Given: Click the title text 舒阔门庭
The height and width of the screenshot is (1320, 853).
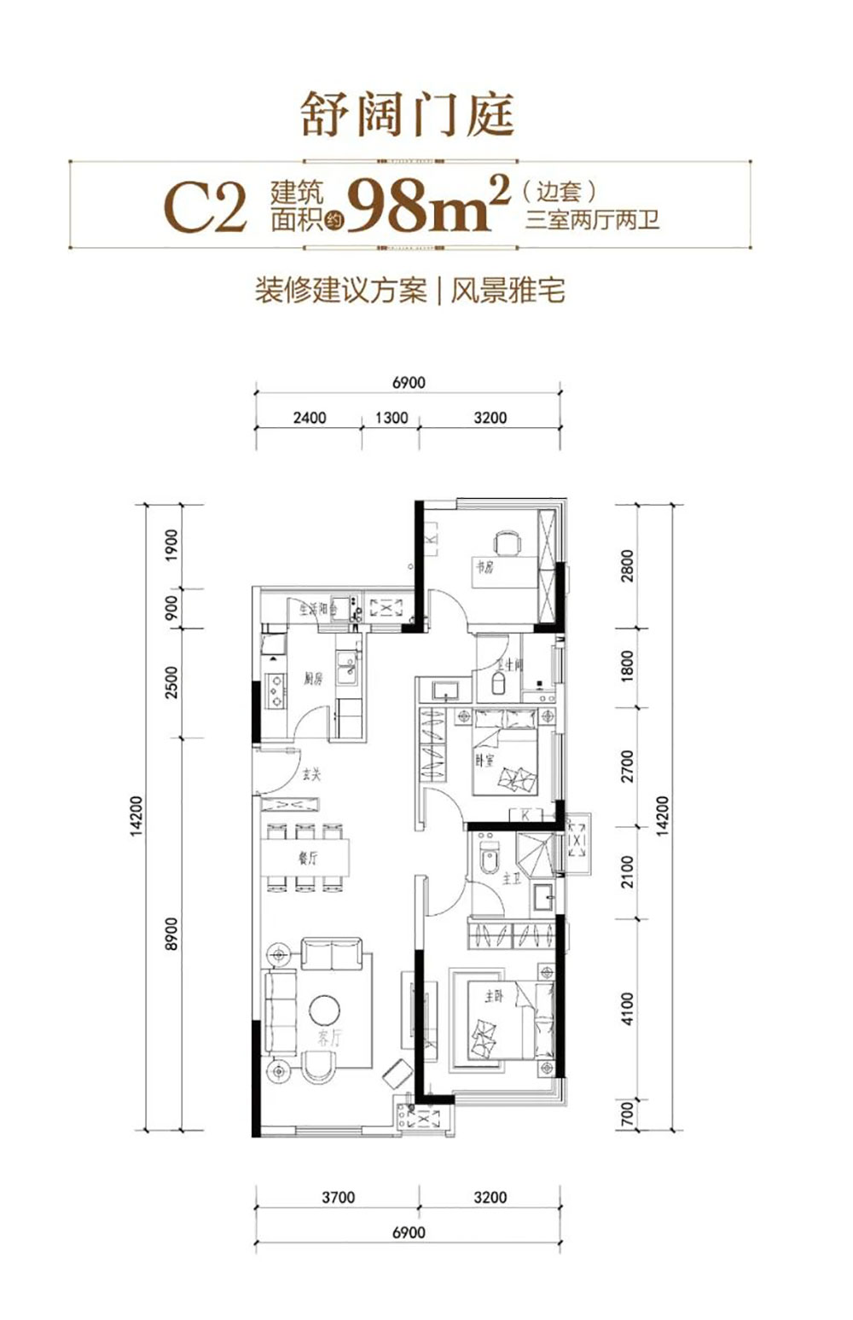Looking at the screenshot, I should point(408,115).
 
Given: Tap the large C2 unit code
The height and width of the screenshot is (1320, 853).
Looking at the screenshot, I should point(205,207).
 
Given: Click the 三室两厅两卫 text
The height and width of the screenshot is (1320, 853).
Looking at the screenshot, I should point(592,220).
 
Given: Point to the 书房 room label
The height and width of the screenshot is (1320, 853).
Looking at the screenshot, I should point(485,566).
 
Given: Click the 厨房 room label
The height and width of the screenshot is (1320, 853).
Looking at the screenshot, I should point(313,680).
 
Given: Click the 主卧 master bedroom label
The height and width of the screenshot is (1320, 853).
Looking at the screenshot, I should point(494,996).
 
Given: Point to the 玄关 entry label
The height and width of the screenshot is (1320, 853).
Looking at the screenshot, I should point(310,775).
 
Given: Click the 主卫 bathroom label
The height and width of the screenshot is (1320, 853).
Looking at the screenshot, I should point(511,878).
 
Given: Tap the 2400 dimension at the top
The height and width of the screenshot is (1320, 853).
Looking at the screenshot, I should point(309,418).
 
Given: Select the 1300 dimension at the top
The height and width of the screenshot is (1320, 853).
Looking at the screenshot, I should point(391,418).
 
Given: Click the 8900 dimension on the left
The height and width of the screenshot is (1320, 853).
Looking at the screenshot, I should point(171,935).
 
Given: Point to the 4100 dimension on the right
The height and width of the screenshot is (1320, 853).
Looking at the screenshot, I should point(628,1008).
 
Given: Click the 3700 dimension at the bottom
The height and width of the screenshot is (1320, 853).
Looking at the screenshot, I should point(338,1197).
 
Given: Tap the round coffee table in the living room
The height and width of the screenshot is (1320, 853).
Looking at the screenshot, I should point(325,1010).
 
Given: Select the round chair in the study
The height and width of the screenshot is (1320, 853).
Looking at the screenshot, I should point(507,542).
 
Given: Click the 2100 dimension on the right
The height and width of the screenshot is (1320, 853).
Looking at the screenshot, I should point(628,871).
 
